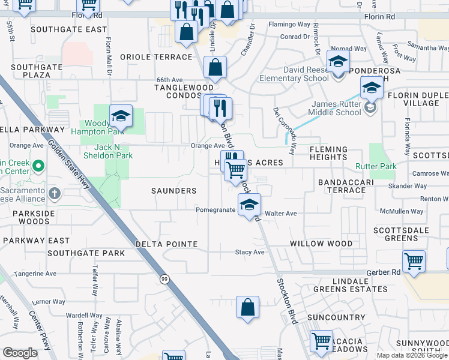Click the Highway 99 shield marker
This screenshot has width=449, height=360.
pos(164,278)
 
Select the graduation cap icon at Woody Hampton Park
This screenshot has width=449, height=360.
pos(121,116)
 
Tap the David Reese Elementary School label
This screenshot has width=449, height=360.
pos(294,74)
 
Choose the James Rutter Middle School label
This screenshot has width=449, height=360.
pos(336,108)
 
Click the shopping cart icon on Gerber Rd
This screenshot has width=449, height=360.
pos(414,262)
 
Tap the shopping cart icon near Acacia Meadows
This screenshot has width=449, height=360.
pos(321,341)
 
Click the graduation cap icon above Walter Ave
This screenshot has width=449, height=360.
pos(249,205)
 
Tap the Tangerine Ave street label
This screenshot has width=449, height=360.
pos(37,274)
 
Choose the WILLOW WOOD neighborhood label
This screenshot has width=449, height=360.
pos(321,244)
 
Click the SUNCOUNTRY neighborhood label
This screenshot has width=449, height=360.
pos(336,317)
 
